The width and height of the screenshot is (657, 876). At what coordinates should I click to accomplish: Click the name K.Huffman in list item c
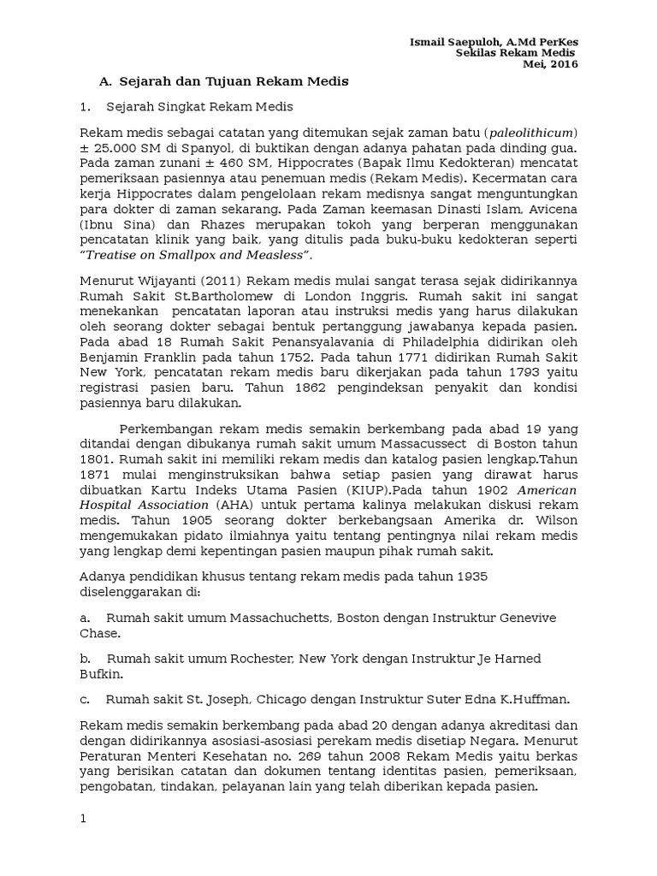pos(538,698)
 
